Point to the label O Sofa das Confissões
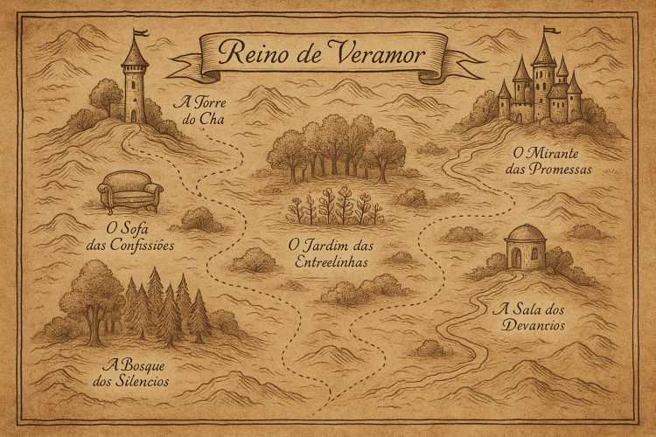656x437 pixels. pos(131,237)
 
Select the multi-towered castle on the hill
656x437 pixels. pos(540,87)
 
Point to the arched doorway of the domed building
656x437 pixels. pos(516,257)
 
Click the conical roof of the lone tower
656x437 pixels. pos(134,53)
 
